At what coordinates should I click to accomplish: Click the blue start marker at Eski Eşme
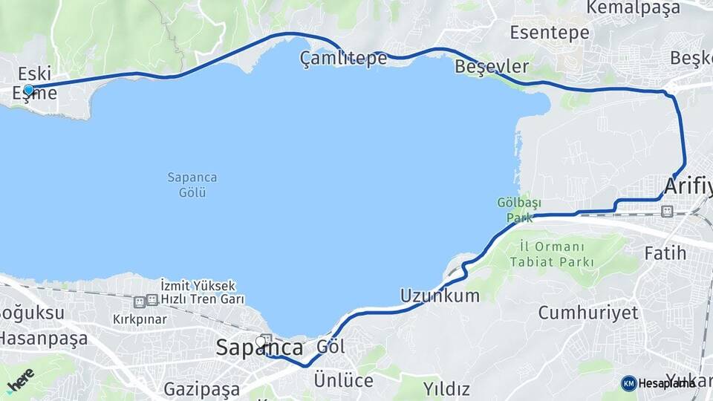click(28, 90)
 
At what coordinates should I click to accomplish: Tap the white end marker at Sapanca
click(261, 341)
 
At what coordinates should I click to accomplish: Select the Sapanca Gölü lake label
click(192, 185)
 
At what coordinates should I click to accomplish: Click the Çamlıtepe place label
click(343, 59)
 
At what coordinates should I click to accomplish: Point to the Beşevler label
click(492, 67)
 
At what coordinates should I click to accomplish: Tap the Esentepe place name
click(550, 32)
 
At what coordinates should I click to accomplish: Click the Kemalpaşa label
click(633, 8)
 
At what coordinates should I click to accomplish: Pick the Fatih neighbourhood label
click(665, 253)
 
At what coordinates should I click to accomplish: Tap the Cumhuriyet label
click(588, 312)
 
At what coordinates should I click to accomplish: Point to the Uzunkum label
click(440, 296)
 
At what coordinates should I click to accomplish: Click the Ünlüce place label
click(343, 379)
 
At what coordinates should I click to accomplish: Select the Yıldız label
click(446, 388)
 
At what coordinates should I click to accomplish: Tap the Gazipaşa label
click(201, 388)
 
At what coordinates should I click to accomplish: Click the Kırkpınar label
click(137, 319)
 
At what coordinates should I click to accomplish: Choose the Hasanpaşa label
click(43, 339)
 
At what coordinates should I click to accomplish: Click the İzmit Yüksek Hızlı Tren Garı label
click(198, 293)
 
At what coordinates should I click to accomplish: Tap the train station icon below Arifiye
click(667, 212)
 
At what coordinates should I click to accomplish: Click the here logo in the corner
click(19, 379)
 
